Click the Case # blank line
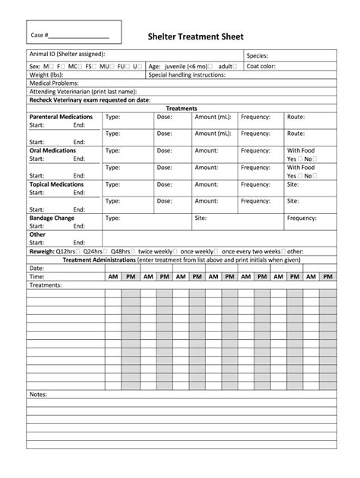[81, 36]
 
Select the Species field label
[257, 55]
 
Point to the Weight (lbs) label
[45, 75]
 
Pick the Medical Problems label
[54, 83]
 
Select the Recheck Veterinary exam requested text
[89, 100]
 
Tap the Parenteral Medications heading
[61, 117]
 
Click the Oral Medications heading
[52, 150]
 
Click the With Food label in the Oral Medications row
[300, 150]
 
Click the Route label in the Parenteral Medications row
[296, 117]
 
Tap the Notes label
[37, 395]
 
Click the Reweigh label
[41, 250]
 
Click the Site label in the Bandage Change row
[201, 218]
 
